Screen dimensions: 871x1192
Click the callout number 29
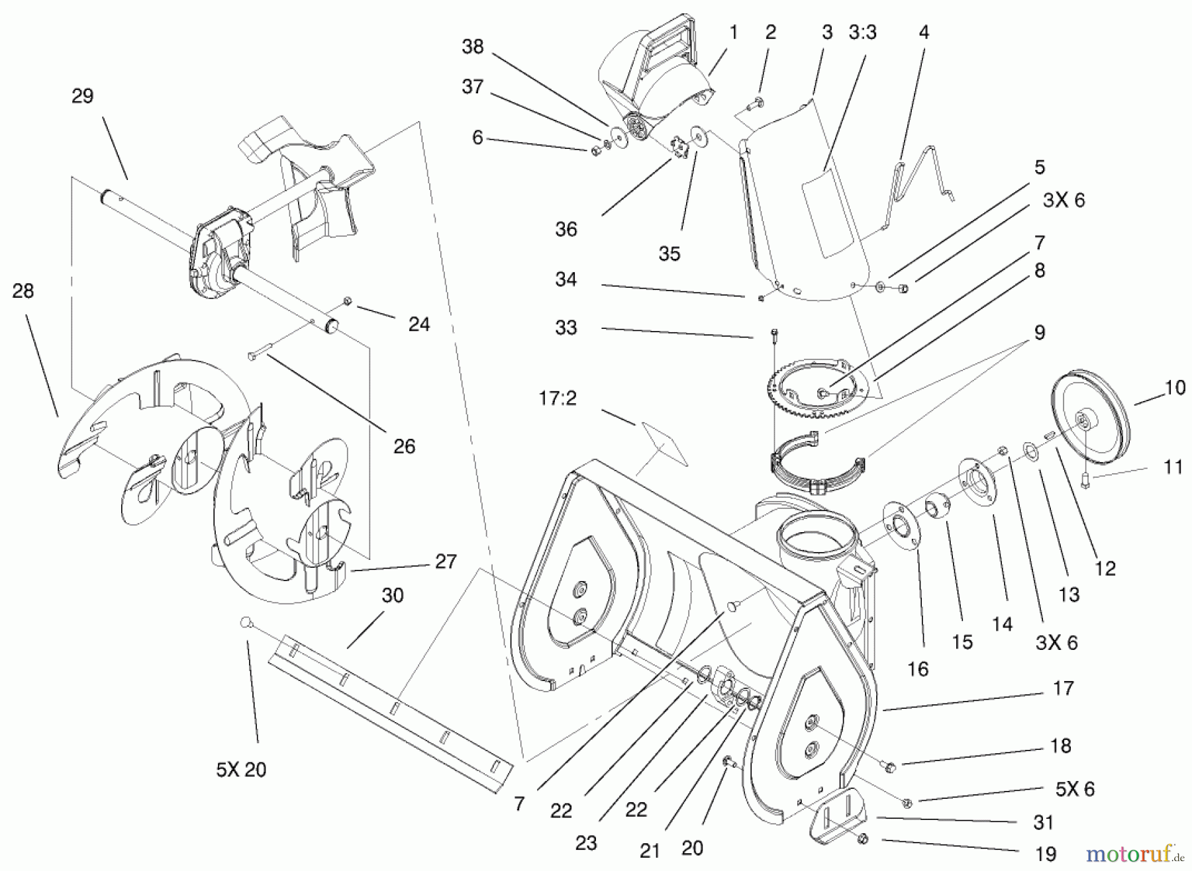83,97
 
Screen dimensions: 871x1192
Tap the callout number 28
23,291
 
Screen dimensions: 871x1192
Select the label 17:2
558,398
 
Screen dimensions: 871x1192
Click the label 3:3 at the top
862,32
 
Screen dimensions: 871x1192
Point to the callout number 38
473,47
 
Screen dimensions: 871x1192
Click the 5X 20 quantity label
241,770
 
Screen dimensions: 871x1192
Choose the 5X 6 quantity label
1074,789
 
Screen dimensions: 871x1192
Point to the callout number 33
566,328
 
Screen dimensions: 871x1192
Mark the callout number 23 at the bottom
585,843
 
